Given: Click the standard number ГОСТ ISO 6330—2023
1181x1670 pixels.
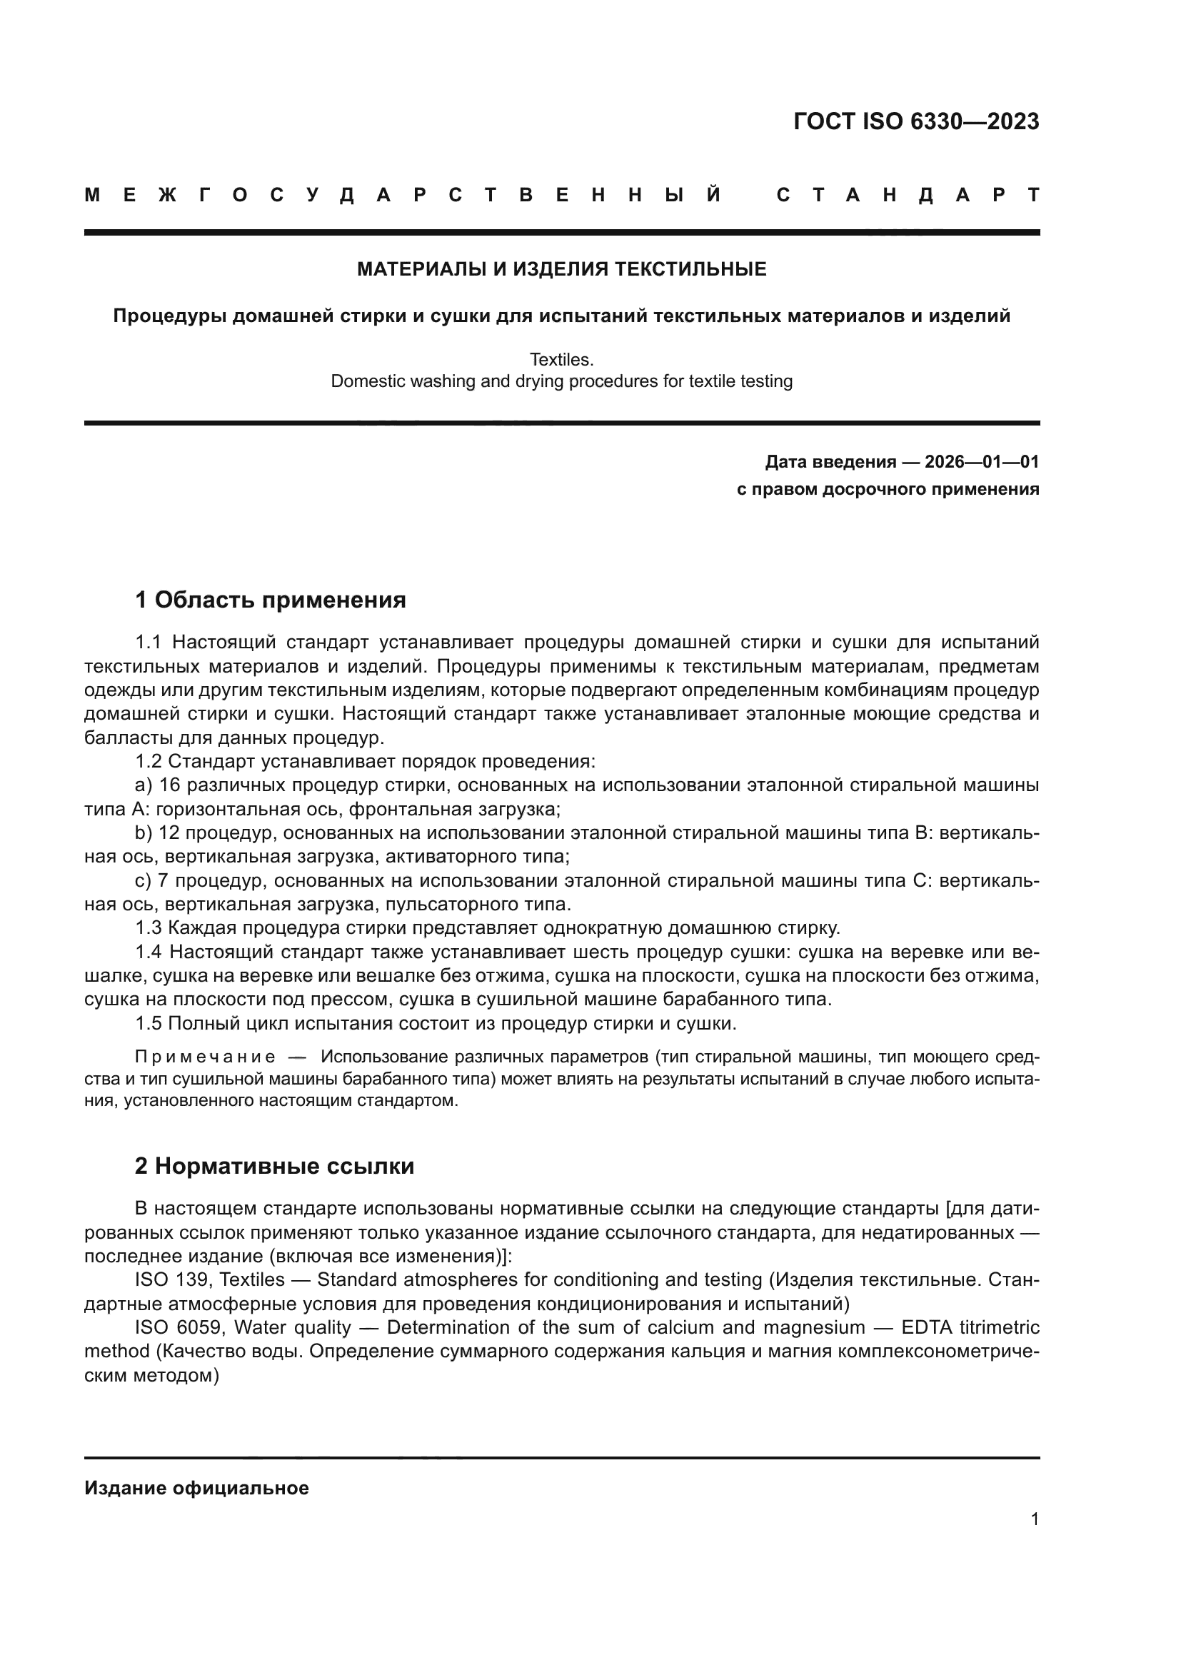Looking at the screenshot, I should [x=915, y=121].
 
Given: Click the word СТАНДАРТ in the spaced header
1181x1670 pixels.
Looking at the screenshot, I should [x=908, y=196].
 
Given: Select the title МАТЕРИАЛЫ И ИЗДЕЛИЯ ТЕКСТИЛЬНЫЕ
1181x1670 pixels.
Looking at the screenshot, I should [x=561, y=270].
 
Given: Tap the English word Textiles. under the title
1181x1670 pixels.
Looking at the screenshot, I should [x=561, y=359].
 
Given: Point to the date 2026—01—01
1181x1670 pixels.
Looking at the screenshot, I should [x=982, y=462].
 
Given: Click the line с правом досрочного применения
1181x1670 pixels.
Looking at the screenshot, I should [x=888, y=490].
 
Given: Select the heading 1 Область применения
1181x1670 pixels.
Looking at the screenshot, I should [x=270, y=600].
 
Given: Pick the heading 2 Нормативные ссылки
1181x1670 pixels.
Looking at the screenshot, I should [x=274, y=1166].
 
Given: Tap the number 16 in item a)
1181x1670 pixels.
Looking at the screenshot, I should [x=169, y=785].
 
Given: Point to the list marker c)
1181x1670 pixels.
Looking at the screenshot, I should [x=143, y=881].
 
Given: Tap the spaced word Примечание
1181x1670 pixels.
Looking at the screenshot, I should [x=205, y=1057].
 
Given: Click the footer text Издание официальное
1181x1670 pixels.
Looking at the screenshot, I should [x=196, y=1488].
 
